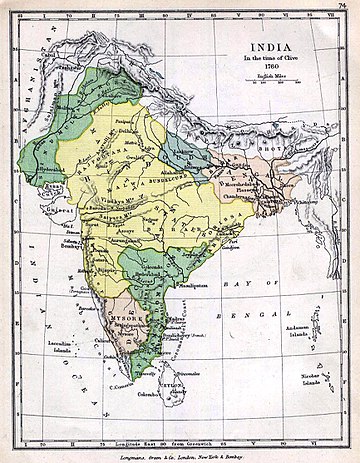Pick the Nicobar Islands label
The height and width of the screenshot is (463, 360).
(x=318, y=387)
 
